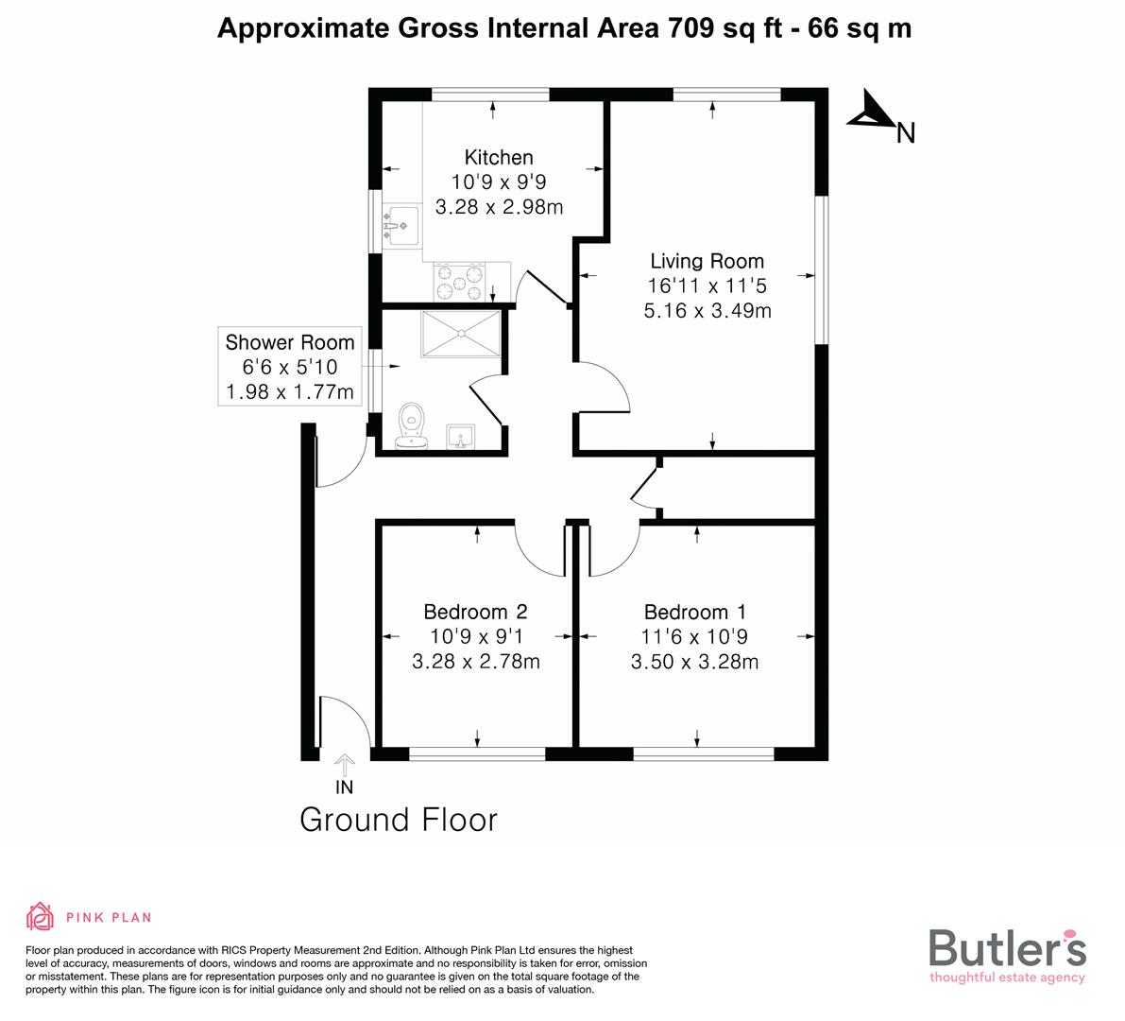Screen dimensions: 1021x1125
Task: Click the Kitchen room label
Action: click(499, 158)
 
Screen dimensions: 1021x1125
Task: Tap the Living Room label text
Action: click(707, 261)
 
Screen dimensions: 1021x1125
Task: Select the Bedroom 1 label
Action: click(694, 613)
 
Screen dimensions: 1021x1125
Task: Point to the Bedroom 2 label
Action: click(475, 613)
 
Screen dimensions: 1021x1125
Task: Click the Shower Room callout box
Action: click(290, 367)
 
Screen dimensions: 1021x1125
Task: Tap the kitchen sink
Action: click(401, 225)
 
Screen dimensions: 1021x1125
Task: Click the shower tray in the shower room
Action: click(461, 333)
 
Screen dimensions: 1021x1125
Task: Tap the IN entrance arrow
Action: click(345, 763)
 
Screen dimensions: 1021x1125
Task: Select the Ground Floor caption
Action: click(398, 820)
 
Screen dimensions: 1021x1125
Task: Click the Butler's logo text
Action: click(1007, 947)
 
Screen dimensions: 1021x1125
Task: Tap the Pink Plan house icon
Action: click(41, 916)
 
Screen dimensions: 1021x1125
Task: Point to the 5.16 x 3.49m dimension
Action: click(707, 310)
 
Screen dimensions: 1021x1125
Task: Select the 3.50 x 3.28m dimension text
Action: click(694, 662)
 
